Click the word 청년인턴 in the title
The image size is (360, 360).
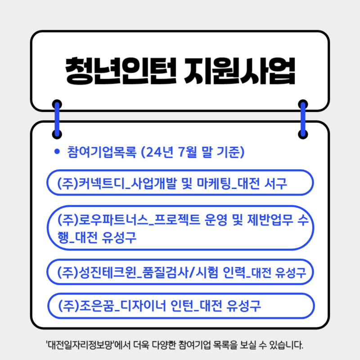[x=121, y=71]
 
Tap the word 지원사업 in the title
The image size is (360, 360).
[x=239, y=71]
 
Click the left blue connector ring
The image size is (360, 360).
[x=57, y=119]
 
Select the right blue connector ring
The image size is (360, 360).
[x=303, y=119]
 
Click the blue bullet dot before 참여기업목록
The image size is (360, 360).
[x=57, y=152]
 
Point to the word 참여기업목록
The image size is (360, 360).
[x=102, y=152]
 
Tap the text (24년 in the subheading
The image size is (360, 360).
[x=157, y=152]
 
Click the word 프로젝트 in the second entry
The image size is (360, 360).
[x=177, y=220]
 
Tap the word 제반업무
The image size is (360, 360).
[x=270, y=220]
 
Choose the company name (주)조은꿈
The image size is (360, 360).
[x=86, y=306]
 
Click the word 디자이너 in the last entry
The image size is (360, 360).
[x=143, y=306]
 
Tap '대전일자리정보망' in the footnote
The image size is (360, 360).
[x=80, y=345]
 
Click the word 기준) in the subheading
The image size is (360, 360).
[x=230, y=152]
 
